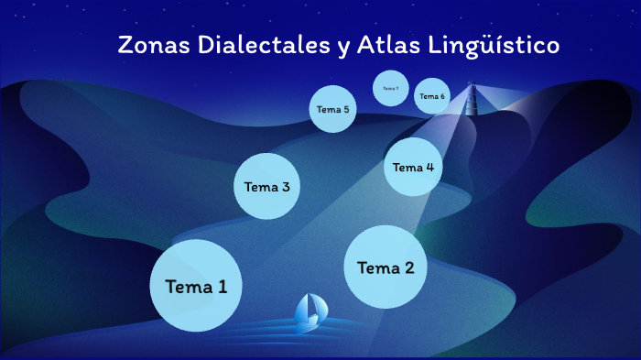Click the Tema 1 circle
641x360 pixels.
point(195,285)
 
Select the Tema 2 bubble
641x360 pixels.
point(386,267)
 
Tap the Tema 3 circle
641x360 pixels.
point(267,186)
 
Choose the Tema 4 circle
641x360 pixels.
point(413,167)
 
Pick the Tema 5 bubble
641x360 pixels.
point(332,109)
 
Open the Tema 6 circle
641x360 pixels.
point(431,95)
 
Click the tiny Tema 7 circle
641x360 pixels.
point(390,88)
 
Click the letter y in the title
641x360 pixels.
point(342,48)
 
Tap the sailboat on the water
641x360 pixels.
point(309,313)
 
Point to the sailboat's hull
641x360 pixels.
point(308,325)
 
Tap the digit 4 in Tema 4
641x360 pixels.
point(429,167)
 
